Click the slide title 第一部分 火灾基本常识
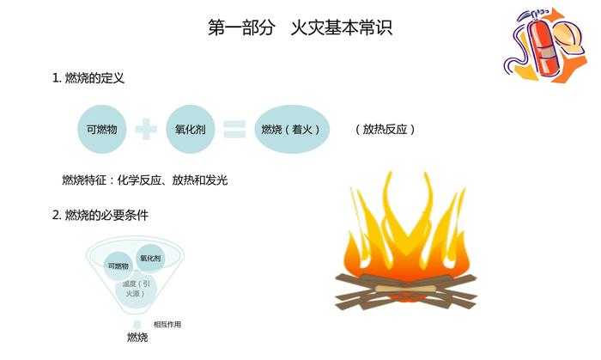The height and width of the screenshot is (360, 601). pos(300,27)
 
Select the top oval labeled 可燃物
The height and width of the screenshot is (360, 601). pos(102,129)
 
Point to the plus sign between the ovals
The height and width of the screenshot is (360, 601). pos(147,129)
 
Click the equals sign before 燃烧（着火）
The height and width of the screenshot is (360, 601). pos(234,129)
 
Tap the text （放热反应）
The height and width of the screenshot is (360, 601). pos(385,129)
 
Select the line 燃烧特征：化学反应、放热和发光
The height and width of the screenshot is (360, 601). pos(144,180)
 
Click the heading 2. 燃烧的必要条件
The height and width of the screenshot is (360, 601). pos(100,215)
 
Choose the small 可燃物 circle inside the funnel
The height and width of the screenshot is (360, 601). pos(119,265)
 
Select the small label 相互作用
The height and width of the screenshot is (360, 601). pos(167,324)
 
